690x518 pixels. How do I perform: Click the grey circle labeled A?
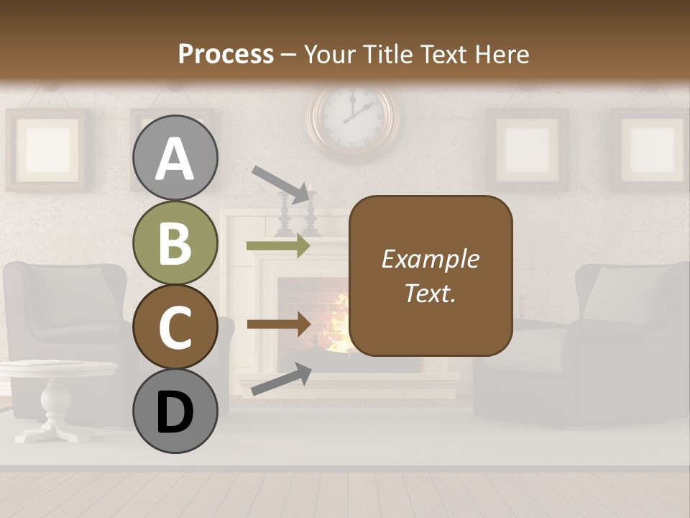pos(175,158)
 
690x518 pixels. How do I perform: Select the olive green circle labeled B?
pos(175,243)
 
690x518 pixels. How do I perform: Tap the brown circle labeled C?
pos(175,327)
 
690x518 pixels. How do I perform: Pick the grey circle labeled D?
pos(175,412)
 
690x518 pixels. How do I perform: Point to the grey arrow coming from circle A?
pos(281,183)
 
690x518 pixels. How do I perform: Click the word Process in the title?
pos(226,54)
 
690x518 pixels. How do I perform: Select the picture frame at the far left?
pos(47,150)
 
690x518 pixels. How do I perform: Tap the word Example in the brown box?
pos(430,259)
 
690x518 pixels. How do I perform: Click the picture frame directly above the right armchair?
pos(527,150)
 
